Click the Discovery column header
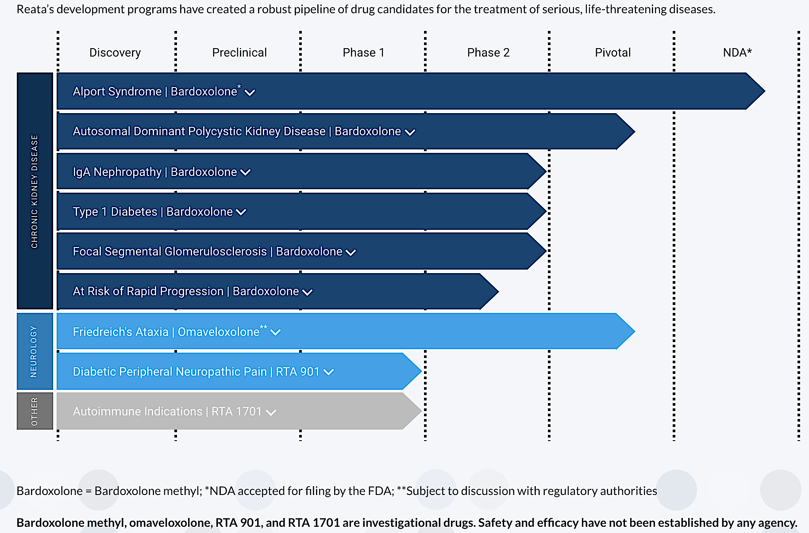(115, 53)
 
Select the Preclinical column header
(239, 53)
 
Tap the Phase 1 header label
(363, 53)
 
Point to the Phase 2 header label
(488, 53)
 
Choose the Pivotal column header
(613, 53)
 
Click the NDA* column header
(737, 53)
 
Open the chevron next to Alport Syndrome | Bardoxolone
(250, 92)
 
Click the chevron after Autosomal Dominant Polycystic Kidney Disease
(410, 132)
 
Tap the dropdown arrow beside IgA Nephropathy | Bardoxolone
(245, 172)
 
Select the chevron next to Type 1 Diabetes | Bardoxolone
(241, 212)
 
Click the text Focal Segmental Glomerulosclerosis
(170, 251)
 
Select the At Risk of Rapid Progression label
(148, 291)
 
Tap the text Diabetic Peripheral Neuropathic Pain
(170, 372)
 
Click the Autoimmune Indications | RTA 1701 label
(167, 411)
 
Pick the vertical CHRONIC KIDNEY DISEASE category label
(35, 191)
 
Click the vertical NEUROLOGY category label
(34, 351)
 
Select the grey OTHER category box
(35, 411)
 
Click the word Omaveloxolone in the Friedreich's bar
(219, 332)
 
